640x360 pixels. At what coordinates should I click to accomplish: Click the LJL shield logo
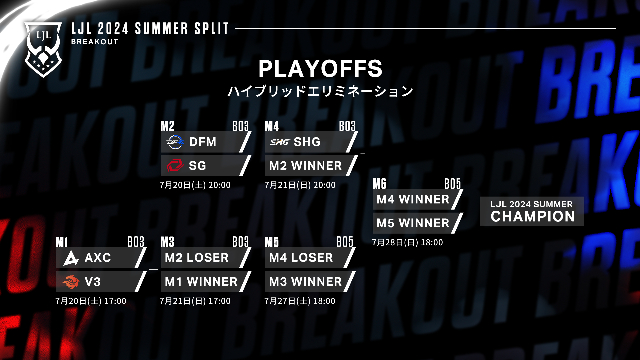(43, 49)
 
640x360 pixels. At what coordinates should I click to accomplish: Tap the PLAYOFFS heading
(320, 69)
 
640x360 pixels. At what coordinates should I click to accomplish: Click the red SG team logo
(175, 166)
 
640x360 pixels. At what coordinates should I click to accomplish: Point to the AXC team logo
(71, 258)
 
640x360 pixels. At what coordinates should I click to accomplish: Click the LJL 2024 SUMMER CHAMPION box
(532, 211)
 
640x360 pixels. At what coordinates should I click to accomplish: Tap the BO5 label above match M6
(452, 184)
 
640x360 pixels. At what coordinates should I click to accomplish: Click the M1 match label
(62, 242)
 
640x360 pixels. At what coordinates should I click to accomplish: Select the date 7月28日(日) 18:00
(407, 242)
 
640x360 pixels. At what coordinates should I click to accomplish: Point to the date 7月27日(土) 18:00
(300, 301)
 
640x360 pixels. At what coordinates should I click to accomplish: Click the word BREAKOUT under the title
(95, 42)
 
